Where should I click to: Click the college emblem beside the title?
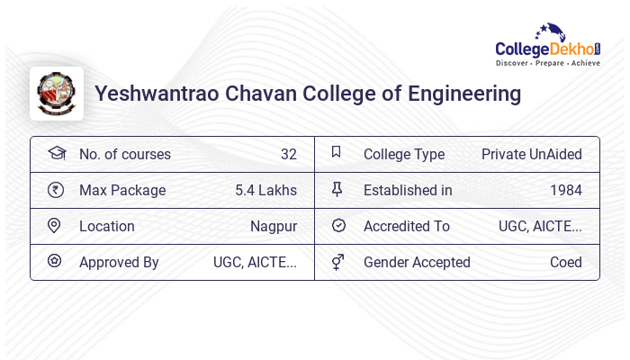click(56, 94)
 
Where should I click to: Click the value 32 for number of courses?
click(288, 154)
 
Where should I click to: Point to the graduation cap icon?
click(56, 153)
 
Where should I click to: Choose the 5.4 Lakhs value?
click(265, 190)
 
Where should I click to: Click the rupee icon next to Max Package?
click(56, 190)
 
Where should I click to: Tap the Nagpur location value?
click(274, 226)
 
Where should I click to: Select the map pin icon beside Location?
click(54, 226)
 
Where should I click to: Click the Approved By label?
click(119, 262)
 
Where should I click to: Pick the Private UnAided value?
click(531, 154)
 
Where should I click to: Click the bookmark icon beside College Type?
click(337, 153)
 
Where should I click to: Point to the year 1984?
click(565, 190)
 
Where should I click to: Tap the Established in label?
click(408, 190)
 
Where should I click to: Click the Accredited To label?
click(406, 226)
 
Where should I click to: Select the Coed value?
click(565, 262)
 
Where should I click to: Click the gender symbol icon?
click(337, 262)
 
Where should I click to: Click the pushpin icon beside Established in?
click(337, 189)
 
